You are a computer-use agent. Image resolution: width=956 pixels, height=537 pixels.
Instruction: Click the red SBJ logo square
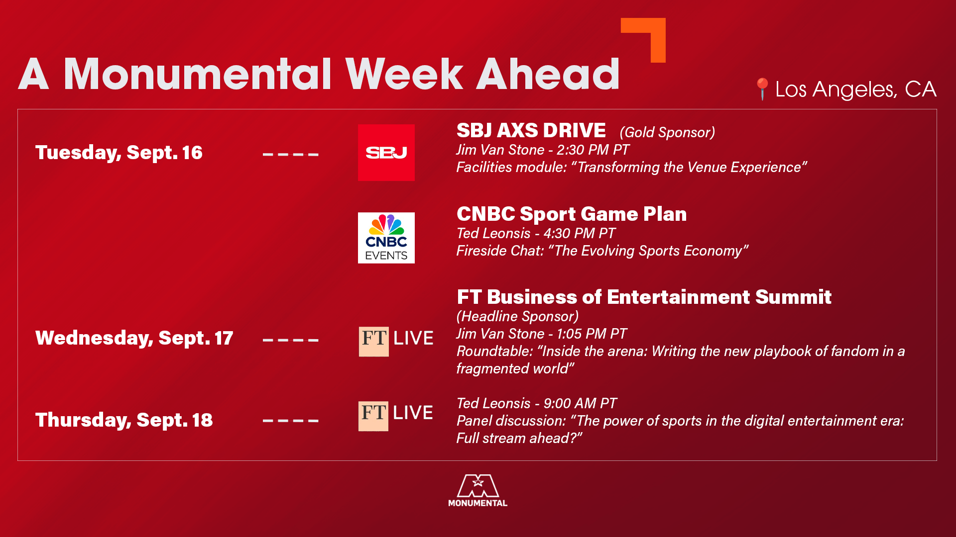386,153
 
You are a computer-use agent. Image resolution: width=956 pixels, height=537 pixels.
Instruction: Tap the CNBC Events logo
386,238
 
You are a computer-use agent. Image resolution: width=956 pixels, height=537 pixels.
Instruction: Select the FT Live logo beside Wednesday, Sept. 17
396,341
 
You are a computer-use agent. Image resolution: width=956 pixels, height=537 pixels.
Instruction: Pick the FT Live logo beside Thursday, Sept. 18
396,416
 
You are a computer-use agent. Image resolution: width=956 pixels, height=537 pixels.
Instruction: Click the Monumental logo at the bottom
478,490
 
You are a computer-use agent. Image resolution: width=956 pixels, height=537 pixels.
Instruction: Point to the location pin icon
762,89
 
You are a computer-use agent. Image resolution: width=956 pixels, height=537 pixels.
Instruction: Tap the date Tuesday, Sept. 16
119,153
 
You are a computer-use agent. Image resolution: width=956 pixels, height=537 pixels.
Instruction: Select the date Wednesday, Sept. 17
134,338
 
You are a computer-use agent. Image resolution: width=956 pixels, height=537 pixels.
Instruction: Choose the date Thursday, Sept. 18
124,420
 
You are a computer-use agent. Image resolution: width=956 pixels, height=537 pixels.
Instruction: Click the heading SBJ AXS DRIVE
531,130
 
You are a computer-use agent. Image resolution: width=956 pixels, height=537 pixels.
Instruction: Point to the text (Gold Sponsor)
667,132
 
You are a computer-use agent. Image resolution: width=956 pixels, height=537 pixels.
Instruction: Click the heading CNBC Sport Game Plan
572,214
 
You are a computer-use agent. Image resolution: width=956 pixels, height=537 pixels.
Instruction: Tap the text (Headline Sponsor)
518,316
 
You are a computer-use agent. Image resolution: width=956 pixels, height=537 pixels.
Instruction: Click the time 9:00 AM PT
580,403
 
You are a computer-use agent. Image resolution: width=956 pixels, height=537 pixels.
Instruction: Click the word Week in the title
404,74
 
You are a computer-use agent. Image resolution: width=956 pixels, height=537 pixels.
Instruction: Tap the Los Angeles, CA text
856,89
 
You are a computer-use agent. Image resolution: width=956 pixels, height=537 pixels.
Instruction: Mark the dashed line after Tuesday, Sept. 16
291,155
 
